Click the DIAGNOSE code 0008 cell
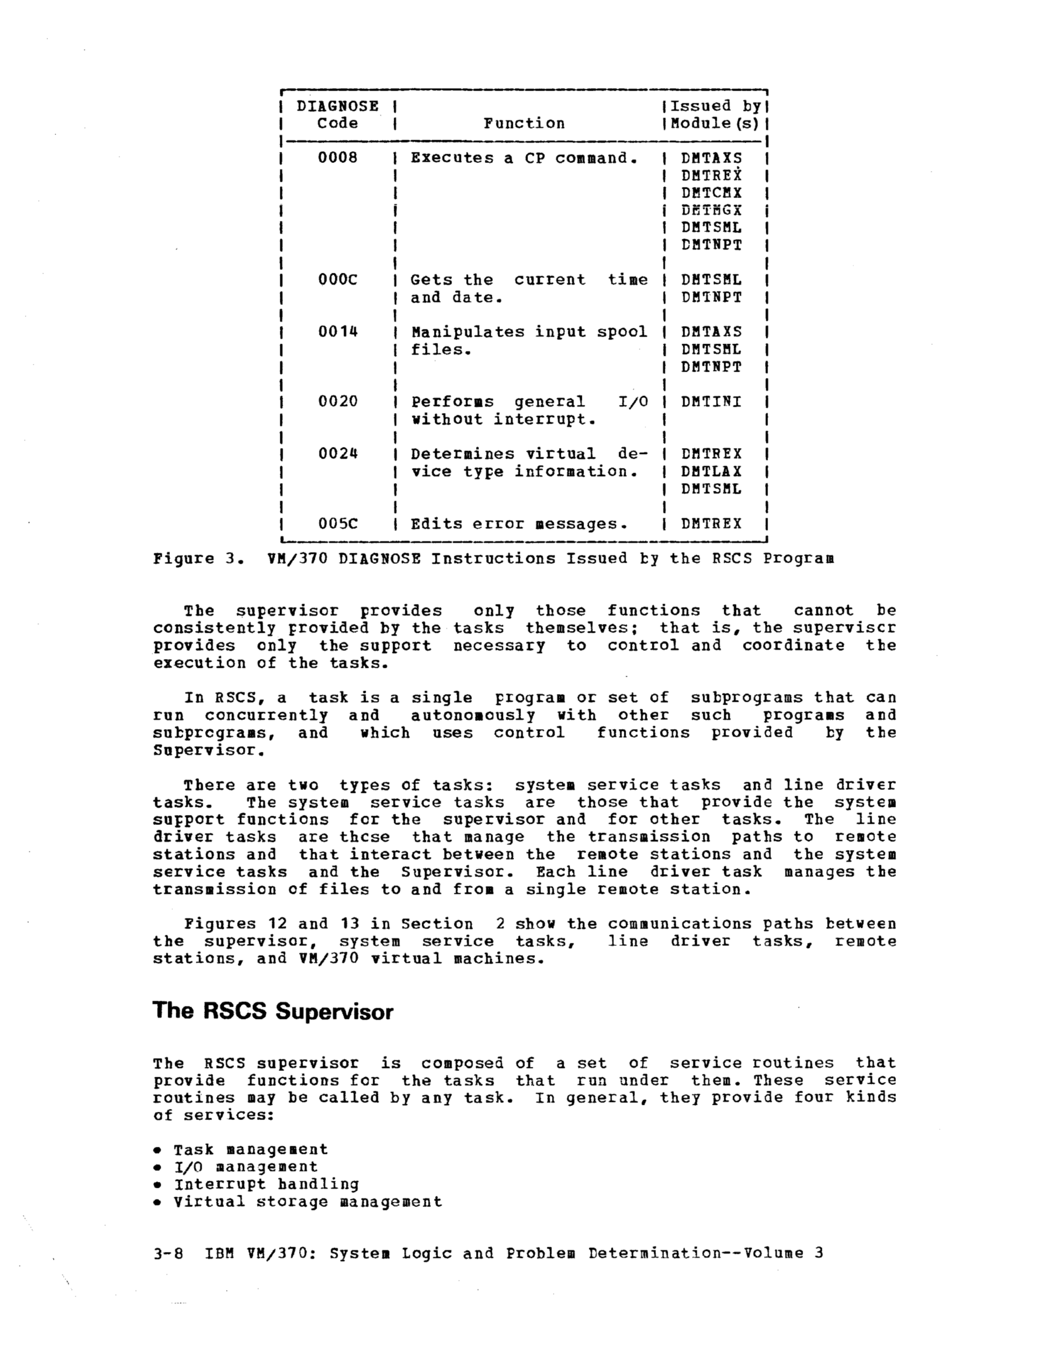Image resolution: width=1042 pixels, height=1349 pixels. (337, 158)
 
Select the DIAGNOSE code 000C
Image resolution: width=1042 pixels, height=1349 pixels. (337, 280)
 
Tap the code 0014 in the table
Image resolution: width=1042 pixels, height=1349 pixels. (337, 332)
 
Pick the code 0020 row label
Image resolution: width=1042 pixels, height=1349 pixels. (337, 401)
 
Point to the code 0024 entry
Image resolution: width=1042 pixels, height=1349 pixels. (337, 454)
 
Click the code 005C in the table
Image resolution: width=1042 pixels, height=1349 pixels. (337, 524)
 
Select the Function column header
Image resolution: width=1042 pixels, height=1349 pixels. (524, 123)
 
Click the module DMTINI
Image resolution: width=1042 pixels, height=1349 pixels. (711, 402)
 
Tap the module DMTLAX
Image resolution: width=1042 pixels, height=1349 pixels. (711, 471)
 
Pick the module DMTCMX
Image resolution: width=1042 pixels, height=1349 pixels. (711, 193)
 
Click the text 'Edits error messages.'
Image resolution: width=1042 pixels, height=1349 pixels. (519, 525)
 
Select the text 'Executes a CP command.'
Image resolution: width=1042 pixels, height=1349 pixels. (524, 158)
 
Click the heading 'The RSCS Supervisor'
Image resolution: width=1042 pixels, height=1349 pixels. (272, 1011)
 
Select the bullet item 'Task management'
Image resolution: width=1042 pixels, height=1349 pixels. (250, 1150)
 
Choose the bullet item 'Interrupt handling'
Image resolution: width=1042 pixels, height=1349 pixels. (266, 1185)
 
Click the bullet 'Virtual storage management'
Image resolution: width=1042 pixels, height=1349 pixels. (308, 1202)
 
